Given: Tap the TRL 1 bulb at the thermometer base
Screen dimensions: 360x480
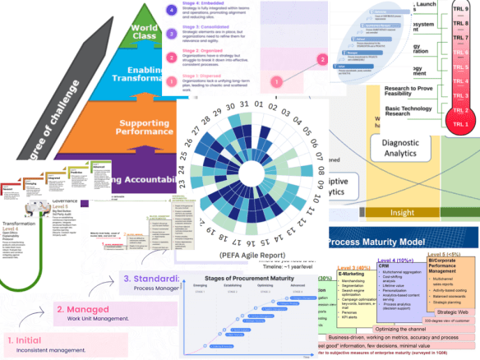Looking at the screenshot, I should (460, 123).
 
